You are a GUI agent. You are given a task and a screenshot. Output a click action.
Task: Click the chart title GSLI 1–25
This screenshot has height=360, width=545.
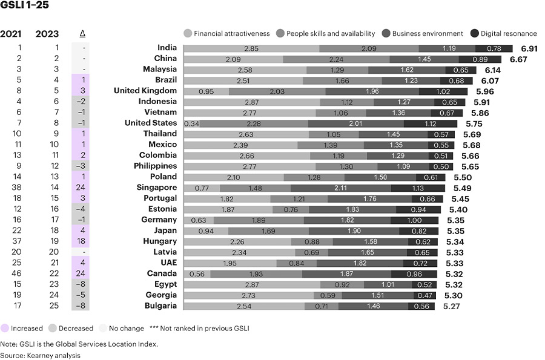24,5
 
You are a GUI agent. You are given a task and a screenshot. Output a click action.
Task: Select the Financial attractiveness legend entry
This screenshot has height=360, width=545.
226,33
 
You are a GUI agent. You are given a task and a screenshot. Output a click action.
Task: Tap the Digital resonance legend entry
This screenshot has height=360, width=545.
504,33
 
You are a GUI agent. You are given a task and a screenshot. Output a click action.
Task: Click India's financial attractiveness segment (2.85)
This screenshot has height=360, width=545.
251,48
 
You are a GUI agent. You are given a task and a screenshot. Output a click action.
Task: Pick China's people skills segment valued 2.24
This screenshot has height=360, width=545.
336,59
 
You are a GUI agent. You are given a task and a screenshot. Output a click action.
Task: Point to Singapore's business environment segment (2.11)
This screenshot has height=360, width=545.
340,188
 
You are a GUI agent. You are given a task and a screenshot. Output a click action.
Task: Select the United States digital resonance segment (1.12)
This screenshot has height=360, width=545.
431,123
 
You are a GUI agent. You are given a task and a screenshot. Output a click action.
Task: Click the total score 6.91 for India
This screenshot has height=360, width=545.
529,48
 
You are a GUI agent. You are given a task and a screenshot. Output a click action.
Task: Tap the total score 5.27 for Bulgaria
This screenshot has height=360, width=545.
452,306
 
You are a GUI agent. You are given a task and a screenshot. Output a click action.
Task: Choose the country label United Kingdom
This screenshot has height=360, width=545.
145,91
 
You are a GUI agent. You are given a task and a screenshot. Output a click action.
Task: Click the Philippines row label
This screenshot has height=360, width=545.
156,166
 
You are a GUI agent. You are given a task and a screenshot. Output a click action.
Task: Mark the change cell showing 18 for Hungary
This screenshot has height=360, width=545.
81,241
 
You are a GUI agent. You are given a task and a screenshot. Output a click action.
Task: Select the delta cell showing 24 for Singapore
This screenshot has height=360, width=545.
81,187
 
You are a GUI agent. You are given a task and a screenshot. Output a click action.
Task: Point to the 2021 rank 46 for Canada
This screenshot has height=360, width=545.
16,273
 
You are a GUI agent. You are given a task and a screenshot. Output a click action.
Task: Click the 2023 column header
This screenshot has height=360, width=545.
47,34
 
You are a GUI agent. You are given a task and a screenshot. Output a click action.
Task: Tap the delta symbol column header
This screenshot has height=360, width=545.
82,34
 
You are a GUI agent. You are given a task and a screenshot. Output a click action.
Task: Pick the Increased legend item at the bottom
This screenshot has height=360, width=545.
22,328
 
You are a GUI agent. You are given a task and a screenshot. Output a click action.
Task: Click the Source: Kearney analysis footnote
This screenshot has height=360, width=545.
40,356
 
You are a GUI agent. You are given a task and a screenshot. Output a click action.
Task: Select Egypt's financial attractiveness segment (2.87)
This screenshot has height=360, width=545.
252,285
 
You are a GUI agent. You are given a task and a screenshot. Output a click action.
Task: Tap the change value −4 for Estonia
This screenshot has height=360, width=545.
81,209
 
